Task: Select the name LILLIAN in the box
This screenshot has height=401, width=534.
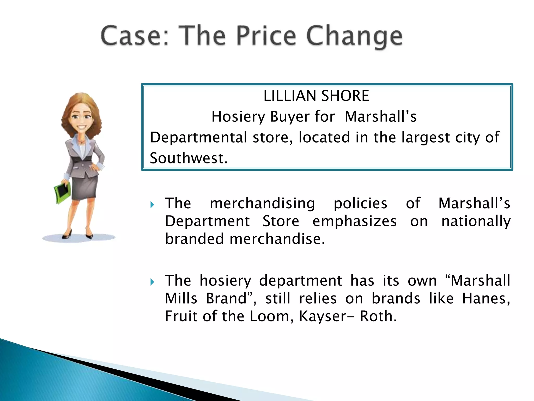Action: click(290, 96)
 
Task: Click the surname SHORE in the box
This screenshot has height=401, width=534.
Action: click(345, 96)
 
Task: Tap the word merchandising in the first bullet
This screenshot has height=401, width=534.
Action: click(262, 203)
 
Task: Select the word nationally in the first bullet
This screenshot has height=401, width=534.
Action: click(476, 221)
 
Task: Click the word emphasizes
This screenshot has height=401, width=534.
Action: click(354, 221)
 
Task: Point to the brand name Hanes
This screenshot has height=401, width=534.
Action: click(486, 298)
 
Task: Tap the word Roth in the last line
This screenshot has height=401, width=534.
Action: click(378, 316)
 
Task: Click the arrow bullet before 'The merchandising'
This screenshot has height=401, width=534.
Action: click(153, 204)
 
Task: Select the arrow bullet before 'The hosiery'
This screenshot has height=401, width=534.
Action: click(153, 282)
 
